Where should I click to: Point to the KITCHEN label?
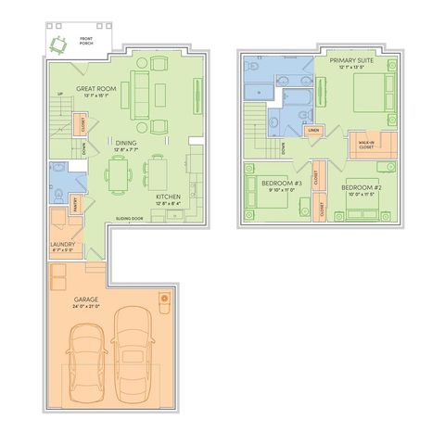tap(168, 197)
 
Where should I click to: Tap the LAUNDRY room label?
tap(63, 245)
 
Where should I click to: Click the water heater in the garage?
tap(165, 299)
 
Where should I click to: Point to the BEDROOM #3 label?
tap(282, 184)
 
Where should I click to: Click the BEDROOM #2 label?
tap(360, 186)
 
